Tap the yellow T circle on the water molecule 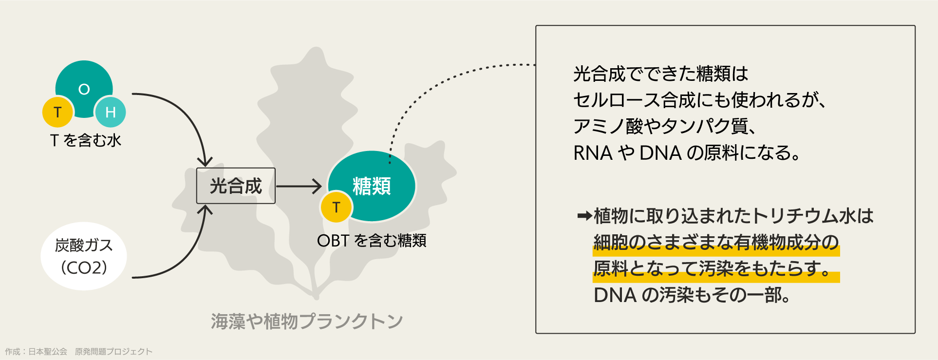pos(57,112)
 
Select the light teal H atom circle pos(111,112)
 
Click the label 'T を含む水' pos(86,140)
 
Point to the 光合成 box pos(236,186)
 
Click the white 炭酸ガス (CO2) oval pos(84,256)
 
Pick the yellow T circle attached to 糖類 pos(336,207)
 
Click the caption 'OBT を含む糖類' pos(372,241)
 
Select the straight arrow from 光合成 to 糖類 pos(299,186)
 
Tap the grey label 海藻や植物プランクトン pos(307,322)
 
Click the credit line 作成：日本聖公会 pos(36,352)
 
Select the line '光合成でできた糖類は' pos(660,74)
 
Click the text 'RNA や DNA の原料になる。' pos(687,153)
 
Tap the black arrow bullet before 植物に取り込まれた pos(584,216)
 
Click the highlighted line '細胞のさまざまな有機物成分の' pos(716,243)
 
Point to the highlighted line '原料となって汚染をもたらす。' pos(712,269)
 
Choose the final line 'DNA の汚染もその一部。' pos(692,295)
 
